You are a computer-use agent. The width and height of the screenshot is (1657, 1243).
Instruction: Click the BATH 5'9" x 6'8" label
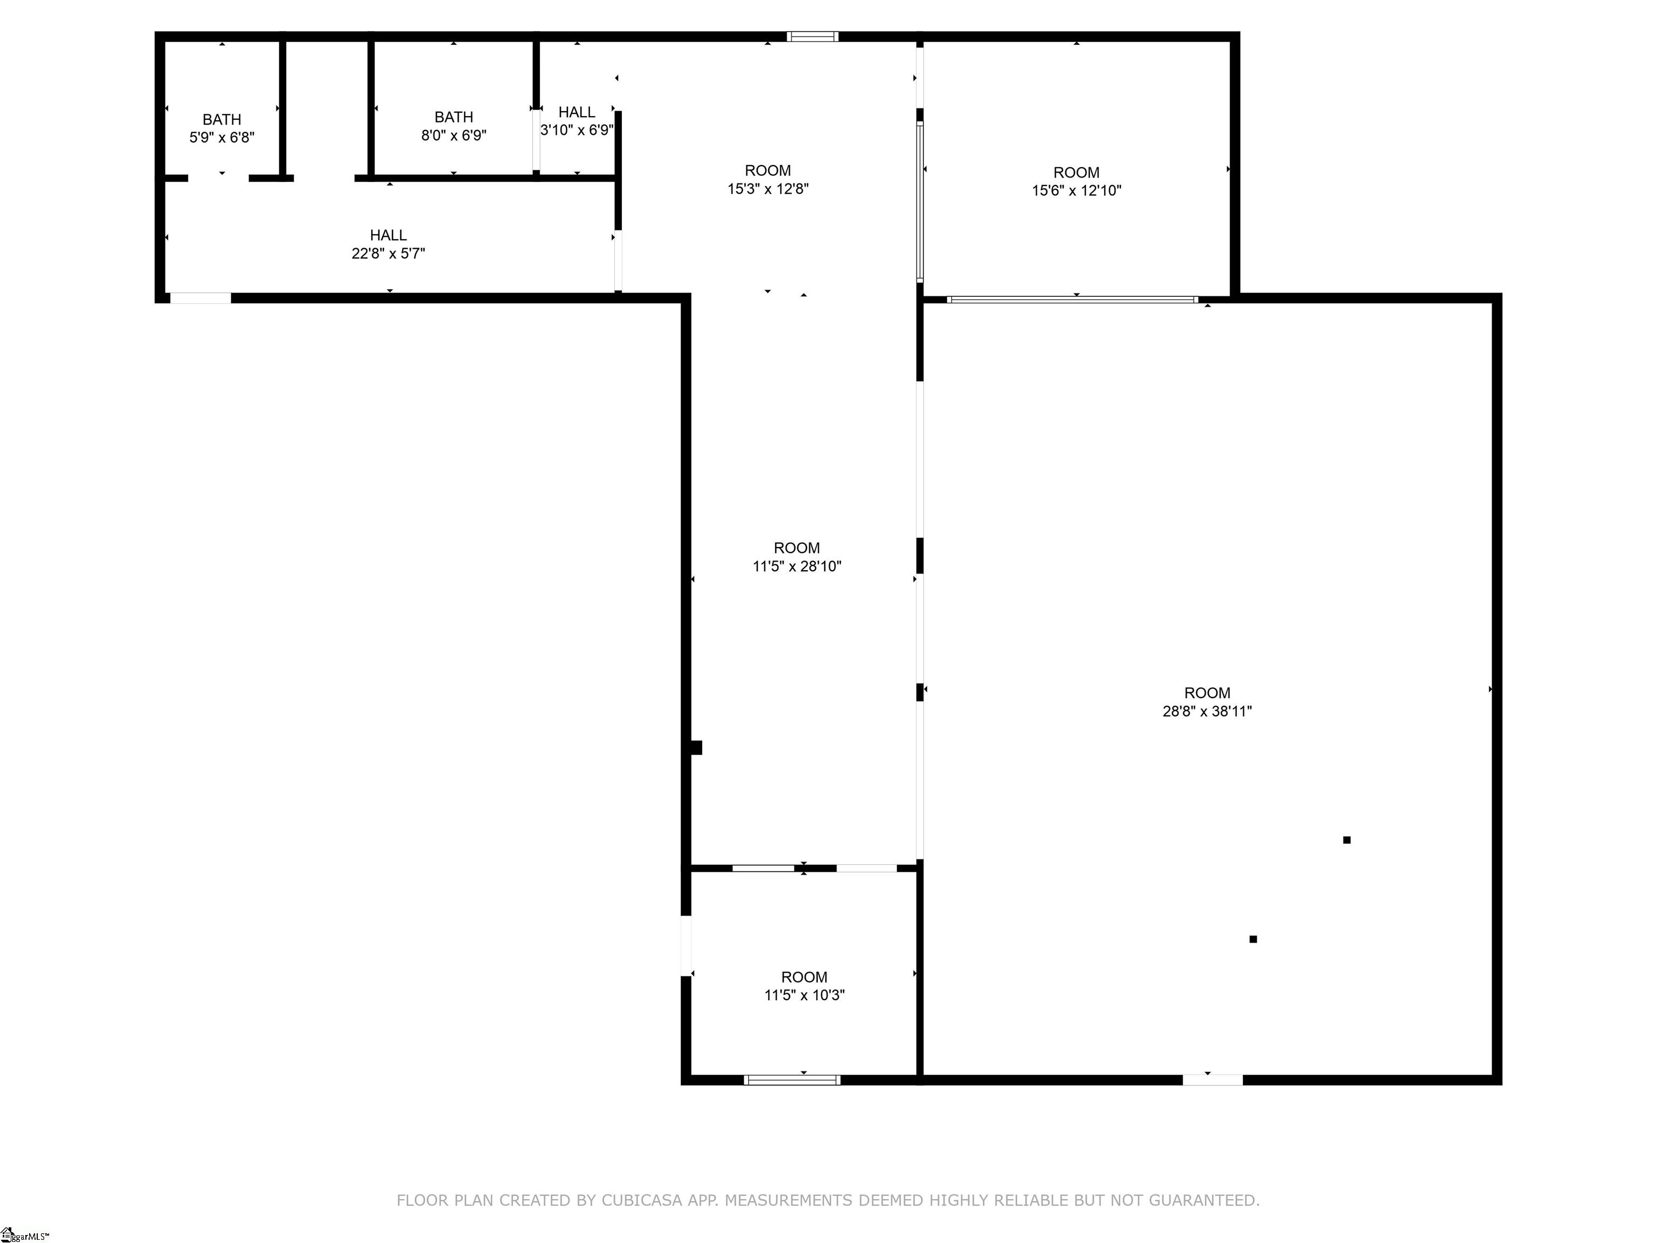pos(222,128)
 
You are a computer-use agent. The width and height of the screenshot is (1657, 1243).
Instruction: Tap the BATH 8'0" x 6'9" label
pos(453,126)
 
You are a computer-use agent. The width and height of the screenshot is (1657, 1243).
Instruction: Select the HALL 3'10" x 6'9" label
pos(577,121)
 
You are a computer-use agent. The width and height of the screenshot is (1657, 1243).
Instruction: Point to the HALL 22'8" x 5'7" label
pos(388,244)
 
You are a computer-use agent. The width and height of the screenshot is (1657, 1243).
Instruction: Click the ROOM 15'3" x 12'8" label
pos(768,180)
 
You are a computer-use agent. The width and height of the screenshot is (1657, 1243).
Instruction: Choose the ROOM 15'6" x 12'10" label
pos(1077,181)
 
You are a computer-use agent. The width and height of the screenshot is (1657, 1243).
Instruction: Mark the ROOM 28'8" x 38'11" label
pos(1207,702)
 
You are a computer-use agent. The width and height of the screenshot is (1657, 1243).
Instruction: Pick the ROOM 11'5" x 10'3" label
pos(804,986)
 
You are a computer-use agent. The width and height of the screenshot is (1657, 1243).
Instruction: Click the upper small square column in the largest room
pos(1347,840)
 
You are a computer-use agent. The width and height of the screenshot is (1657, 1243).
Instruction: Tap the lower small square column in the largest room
pos(1253,939)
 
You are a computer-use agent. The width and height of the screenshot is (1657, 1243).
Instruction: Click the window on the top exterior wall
pos(812,36)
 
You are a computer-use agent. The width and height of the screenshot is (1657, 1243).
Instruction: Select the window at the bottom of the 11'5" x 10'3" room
pos(792,1080)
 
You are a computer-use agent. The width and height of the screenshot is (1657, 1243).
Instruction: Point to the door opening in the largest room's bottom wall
pos(1213,1080)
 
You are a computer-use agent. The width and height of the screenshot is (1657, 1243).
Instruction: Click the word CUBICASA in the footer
pos(642,1200)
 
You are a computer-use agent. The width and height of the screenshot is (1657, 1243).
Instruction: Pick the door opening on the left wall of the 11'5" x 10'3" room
pos(686,946)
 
